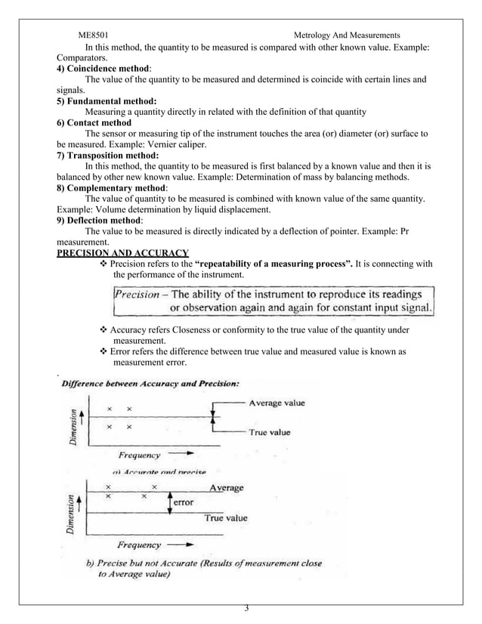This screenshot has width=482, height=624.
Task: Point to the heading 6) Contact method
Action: (x=94, y=122)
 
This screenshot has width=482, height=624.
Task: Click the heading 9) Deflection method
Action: (x=102, y=220)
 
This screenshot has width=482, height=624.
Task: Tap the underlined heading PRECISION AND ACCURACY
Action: (x=123, y=252)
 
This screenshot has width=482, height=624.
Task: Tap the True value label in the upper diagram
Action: (x=270, y=432)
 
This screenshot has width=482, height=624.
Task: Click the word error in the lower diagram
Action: (x=184, y=502)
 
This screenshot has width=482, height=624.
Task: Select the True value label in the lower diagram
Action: (x=226, y=518)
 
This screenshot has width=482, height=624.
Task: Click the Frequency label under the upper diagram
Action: (x=140, y=456)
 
